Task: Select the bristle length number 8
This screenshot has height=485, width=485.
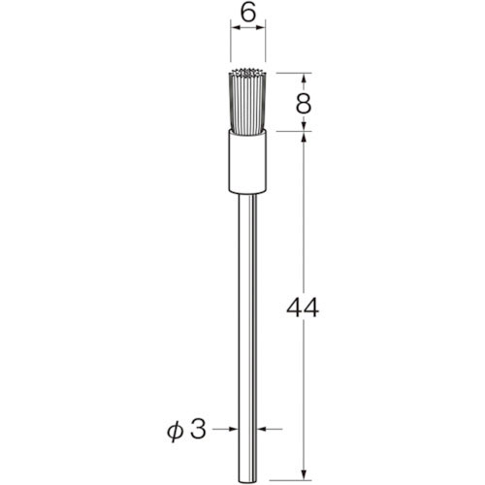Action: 305,103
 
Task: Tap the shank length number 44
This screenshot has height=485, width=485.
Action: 305,310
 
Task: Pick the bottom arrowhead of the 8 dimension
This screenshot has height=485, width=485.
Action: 305,126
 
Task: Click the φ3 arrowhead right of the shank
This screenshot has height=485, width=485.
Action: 263,429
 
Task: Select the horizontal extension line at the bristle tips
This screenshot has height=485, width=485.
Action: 291,74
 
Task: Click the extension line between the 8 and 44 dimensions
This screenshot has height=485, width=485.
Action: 291,132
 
